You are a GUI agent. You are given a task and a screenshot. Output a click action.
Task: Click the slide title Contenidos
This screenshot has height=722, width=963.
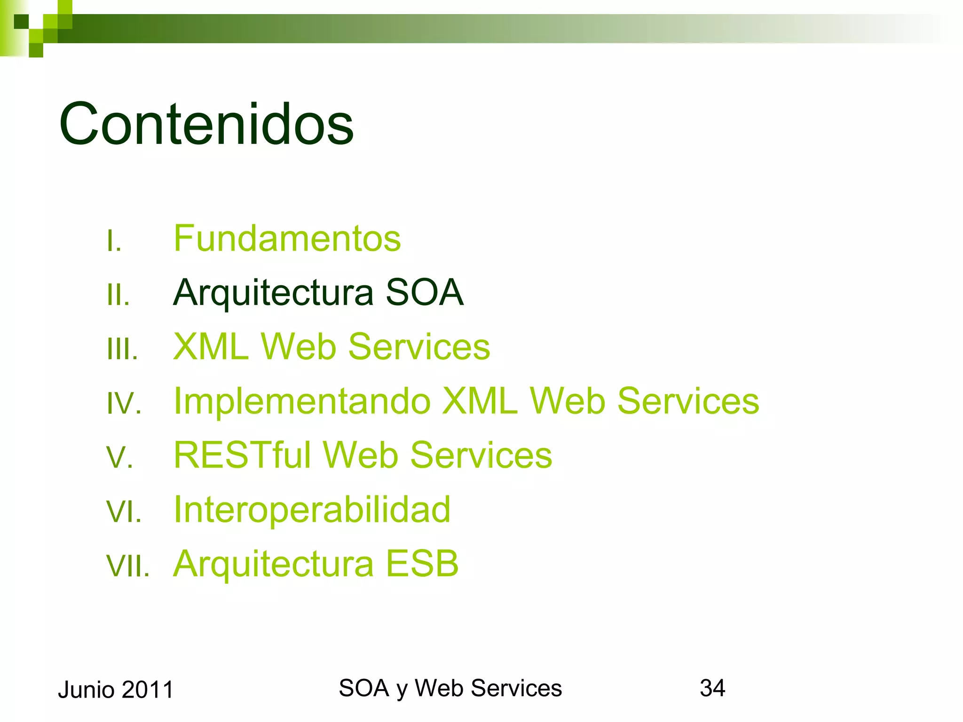point(206,124)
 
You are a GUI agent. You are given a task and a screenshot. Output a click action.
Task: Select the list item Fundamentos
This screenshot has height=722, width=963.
point(287,238)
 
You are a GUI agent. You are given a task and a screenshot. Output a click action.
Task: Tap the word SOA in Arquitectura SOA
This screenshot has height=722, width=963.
point(424,292)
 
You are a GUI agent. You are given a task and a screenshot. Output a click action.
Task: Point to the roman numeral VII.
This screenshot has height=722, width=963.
point(127,565)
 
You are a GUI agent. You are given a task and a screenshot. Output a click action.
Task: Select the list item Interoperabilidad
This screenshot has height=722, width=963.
point(312,510)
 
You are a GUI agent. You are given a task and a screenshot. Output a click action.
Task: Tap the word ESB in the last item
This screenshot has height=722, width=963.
point(422,563)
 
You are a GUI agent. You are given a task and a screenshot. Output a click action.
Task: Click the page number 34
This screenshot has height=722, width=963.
point(712,688)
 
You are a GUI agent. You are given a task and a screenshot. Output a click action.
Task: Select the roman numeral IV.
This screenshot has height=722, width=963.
point(124,403)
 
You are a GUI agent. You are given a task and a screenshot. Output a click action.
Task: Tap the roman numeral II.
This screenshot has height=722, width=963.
point(118,295)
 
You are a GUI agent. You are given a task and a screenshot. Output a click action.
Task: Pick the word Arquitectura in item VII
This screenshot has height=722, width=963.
point(273,563)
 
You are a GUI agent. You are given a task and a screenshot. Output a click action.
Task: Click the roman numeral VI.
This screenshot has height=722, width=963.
point(124,511)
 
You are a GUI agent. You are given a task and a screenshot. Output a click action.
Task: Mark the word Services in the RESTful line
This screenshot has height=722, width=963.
point(481,455)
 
